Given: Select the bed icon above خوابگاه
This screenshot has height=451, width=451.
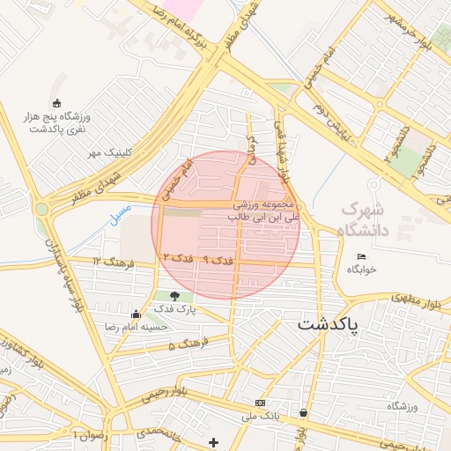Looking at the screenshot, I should pos(361,256).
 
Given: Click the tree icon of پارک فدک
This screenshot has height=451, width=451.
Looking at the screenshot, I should pos(174,296).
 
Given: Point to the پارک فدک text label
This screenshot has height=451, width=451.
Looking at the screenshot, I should pos(174,310).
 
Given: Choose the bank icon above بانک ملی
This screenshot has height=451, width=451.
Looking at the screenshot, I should pos(259,403).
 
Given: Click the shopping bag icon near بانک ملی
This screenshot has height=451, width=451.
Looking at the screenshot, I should pos(304,411).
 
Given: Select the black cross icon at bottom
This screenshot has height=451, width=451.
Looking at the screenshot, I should pos(212,441).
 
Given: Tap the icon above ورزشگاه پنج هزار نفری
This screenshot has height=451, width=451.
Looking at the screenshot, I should pos(57,102).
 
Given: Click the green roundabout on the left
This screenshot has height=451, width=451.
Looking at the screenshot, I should pos(41,210).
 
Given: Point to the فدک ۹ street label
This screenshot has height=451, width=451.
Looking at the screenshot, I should pos(218,261).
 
